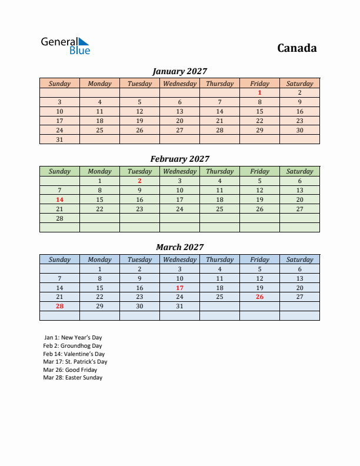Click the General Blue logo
pos(65,46)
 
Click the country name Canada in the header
pos(296,48)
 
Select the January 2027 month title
pos(179,71)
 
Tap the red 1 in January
pos(259,92)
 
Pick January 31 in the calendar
pos(59,139)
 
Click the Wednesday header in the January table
pos(179,84)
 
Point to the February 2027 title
pos(179,159)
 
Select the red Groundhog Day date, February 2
pos(139,181)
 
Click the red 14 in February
pos(59,199)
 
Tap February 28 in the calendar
pos(59,218)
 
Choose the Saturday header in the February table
pos(299,171)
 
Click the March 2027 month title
pos(179,247)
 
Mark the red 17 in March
pos(179,288)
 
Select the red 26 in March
pos(259,297)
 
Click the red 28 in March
pos(59,307)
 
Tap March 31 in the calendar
pos(179,307)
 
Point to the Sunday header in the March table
pos(59,259)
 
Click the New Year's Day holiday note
pos(73,338)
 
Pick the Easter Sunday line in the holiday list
pos(73,378)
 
